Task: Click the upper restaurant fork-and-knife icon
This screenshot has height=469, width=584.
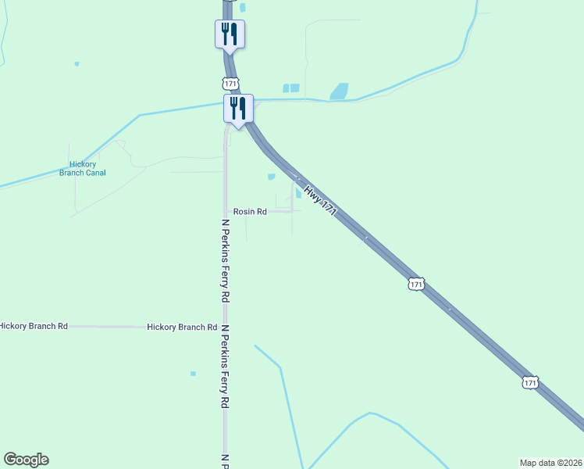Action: tap(230, 34)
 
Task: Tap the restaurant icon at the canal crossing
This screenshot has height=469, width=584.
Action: tap(238, 108)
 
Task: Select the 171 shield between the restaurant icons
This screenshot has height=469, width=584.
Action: tap(230, 83)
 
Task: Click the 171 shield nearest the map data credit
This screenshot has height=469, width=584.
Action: tap(530, 382)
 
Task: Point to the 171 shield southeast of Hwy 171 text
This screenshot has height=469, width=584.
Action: tap(416, 285)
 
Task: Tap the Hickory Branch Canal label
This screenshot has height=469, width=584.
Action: tap(83, 169)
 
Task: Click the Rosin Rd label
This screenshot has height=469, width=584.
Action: tap(251, 212)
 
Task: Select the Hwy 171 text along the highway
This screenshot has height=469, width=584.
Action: tap(321, 200)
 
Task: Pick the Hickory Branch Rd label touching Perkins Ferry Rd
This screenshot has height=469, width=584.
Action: tap(182, 328)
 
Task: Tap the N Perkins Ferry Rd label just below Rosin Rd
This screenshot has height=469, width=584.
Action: tap(226, 260)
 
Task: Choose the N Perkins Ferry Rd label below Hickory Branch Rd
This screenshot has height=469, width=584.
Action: tap(226, 367)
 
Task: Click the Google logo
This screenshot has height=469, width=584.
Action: tap(26, 460)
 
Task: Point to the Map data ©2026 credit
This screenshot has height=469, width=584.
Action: tap(550, 462)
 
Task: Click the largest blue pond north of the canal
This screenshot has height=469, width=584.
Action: tap(340, 91)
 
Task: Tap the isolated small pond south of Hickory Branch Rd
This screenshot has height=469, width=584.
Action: tap(193, 374)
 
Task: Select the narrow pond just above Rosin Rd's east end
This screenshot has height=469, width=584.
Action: tap(298, 194)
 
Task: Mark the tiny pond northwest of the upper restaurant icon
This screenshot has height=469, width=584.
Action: tap(77, 63)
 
